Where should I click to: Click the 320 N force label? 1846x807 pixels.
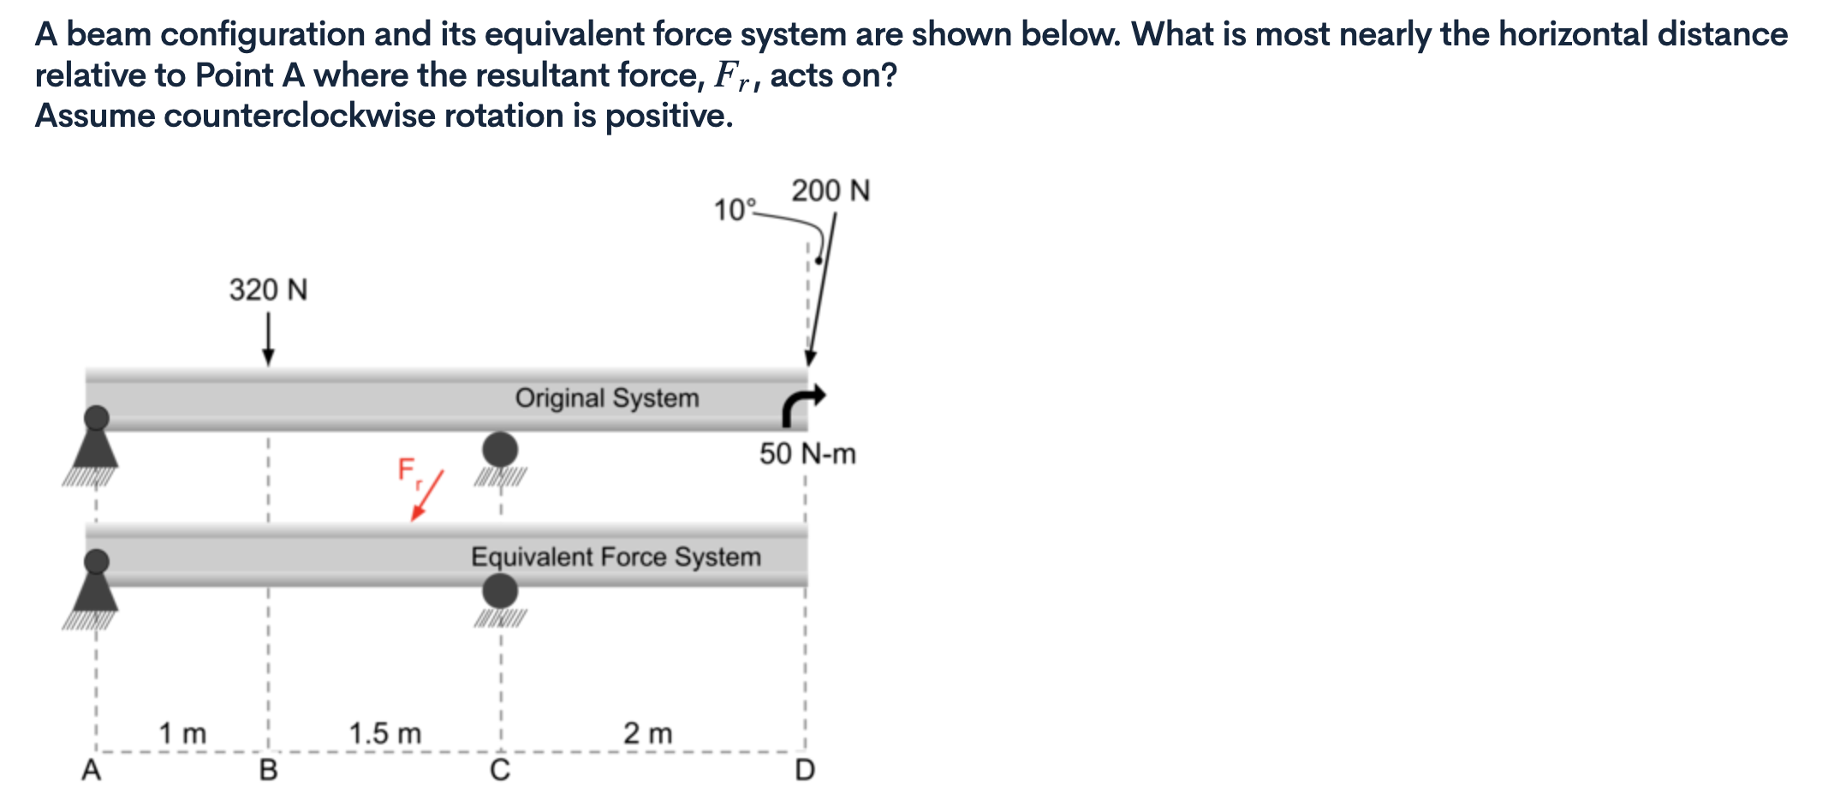(x=268, y=290)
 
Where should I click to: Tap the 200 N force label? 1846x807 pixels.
(x=830, y=191)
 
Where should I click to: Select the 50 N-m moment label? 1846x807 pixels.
(x=807, y=454)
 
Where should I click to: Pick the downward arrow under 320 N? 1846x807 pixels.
(x=268, y=339)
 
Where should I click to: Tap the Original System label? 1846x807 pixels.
(x=606, y=398)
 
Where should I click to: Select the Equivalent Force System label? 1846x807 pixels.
(x=615, y=558)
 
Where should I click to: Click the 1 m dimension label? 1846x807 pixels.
(x=182, y=734)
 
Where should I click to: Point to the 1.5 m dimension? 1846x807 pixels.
(x=384, y=734)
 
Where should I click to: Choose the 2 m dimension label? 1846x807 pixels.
(x=647, y=734)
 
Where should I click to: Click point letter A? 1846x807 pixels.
(x=91, y=770)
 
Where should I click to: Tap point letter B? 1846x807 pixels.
(x=268, y=770)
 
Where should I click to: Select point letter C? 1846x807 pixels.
(x=500, y=770)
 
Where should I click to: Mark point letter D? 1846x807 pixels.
(x=805, y=770)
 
